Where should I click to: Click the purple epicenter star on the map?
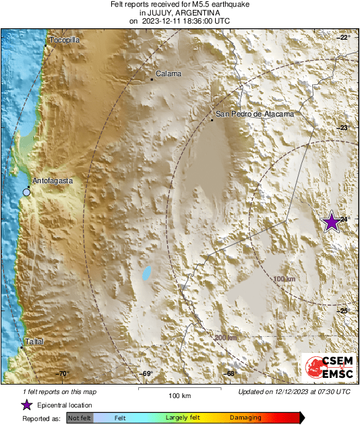pyautogui.click(x=331, y=222)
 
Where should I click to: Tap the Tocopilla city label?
pyautogui.click(x=65, y=40)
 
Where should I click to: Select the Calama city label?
pyautogui.click(x=168, y=73)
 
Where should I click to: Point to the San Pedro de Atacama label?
pyautogui.click(x=255, y=115)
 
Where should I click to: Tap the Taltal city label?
pyautogui.click(x=34, y=342)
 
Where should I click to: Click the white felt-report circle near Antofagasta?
pyautogui.click(x=26, y=193)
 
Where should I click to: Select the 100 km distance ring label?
pyautogui.click(x=285, y=279)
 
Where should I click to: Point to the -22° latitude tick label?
pyautogui.click(x=344, y=38)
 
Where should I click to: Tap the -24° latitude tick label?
pyautogui.click(x=344, y=220)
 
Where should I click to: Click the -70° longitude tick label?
pyautogui.click(x=62, y=374)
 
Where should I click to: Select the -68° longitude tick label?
pyautogui.click(x=231, y=374)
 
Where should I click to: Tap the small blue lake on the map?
pyautogui.click(x=146, y=273)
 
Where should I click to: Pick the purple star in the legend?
pyautogui.click(x=26, y=405)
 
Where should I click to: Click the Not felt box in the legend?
pyautogui.click(x=80, y=418)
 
